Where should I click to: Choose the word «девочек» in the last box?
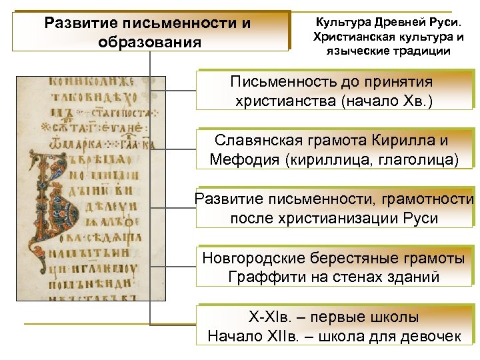coord(430,335)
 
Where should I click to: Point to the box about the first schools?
coord(333,326)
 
